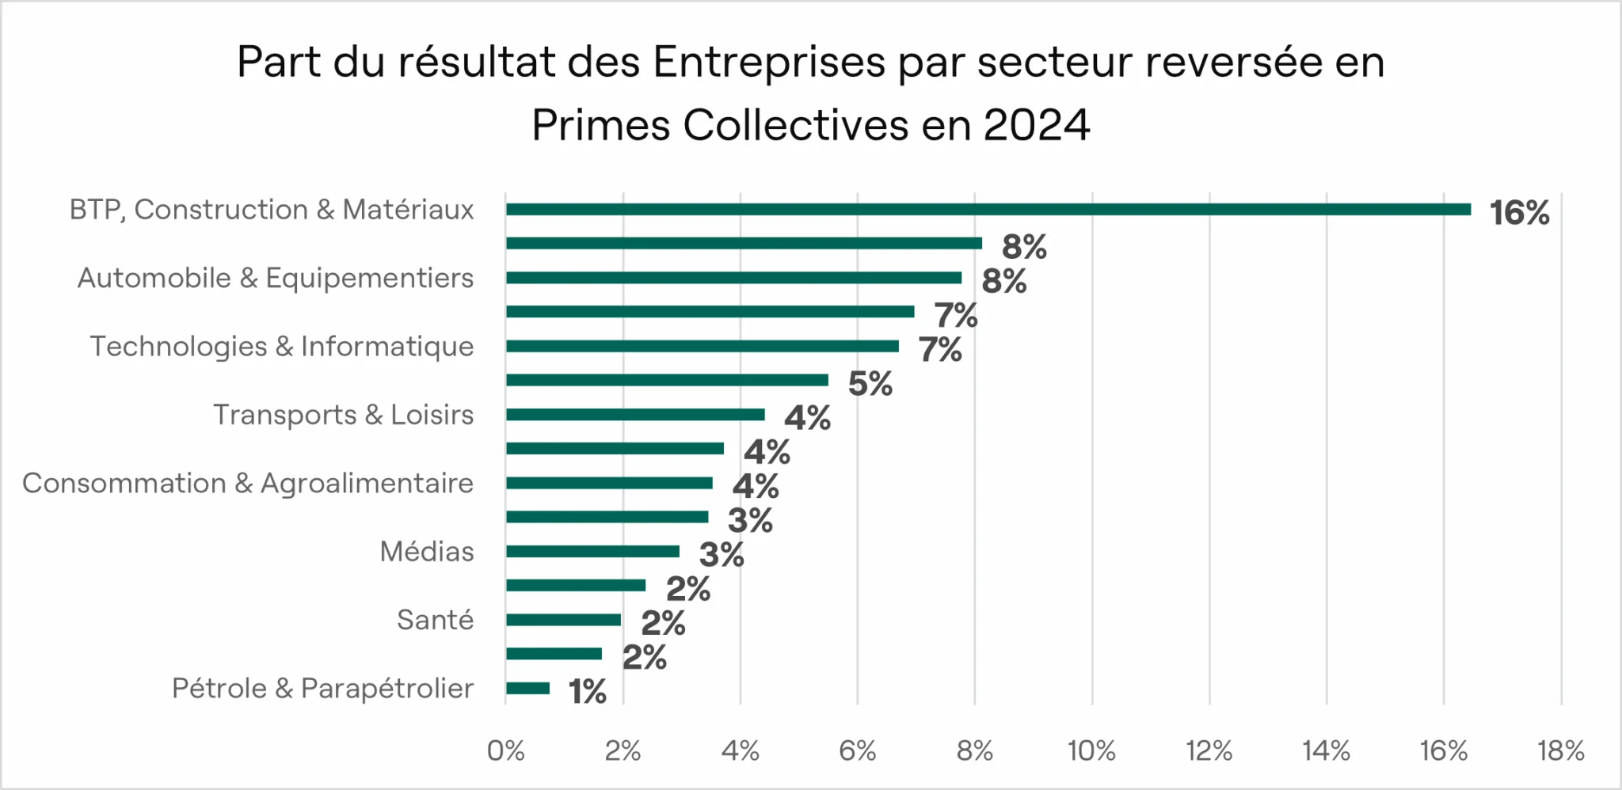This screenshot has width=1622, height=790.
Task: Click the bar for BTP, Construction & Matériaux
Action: click(x=988, y=210)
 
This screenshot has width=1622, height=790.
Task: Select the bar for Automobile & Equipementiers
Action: click(x=733, y=278)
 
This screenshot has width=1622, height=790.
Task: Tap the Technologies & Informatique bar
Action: click(x=702, y=346)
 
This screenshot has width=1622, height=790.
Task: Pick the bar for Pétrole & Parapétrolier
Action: click(x=527, y=688)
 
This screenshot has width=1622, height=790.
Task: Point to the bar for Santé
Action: click(x=563, y=620)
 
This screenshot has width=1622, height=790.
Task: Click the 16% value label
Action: click(x=1519, y=213)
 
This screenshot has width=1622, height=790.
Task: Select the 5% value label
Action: click(x=870, y=384)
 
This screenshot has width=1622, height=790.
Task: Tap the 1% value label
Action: click(x=587, y=692)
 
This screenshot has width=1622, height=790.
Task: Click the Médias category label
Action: click(x=427, y=551)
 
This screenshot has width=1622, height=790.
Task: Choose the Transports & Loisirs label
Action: click(x=343, y=415)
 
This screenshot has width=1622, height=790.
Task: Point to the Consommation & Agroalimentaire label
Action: click(x=247, y=483)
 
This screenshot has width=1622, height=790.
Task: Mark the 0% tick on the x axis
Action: click(x=505, y=750)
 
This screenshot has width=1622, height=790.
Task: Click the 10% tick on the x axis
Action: click(x=1091, y=750)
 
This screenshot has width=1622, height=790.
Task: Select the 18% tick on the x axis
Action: click(x=1560, y=750)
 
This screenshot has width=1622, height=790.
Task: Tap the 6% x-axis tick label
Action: click(x=857, y=750)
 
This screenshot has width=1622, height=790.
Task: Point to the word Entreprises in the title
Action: click(x=768, y=62)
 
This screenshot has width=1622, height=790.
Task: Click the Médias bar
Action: click(x=592, y=552)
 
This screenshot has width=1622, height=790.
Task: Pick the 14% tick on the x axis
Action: click(x=1326, y=750)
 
